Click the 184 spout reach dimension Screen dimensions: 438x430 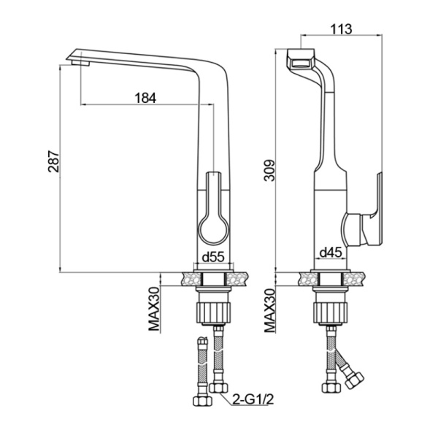(145, 98)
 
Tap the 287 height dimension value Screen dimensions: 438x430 (53, 161)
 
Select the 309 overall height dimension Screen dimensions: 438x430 (269, 170)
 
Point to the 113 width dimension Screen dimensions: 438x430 (341, 28)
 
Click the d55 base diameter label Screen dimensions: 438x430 (213, 257)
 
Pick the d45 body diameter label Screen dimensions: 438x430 (331, 253)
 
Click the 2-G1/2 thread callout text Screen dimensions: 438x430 (253, 400)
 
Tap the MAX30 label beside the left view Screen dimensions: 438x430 (153, 310)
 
